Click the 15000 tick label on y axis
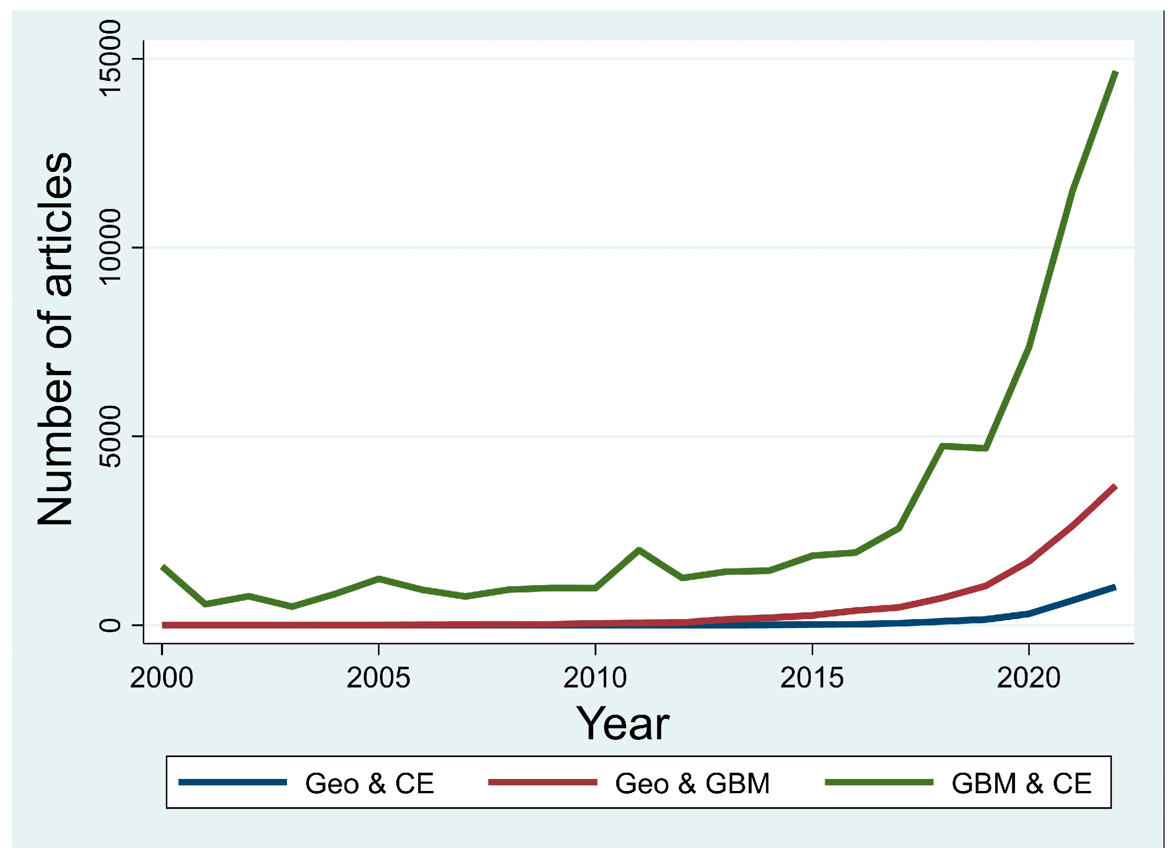[110, 59]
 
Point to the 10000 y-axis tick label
[110, 247]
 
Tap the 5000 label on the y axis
[110, 436]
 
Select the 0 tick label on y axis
[110, 625]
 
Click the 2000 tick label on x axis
[162, 678]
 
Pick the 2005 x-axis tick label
[378, 678]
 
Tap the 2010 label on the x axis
[595, 678]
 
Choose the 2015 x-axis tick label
[812, 678]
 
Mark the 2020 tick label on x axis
[1028, 678]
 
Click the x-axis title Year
[623, 724]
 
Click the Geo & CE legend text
[370, 784]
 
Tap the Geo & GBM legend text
[692, 784]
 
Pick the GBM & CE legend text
[1021, 784]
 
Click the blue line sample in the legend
[233, 782]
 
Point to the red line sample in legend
[543, 782]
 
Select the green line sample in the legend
[879, 782]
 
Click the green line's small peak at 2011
[638, 550]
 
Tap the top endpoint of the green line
[1115, 73]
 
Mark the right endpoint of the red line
[1115, 487]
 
